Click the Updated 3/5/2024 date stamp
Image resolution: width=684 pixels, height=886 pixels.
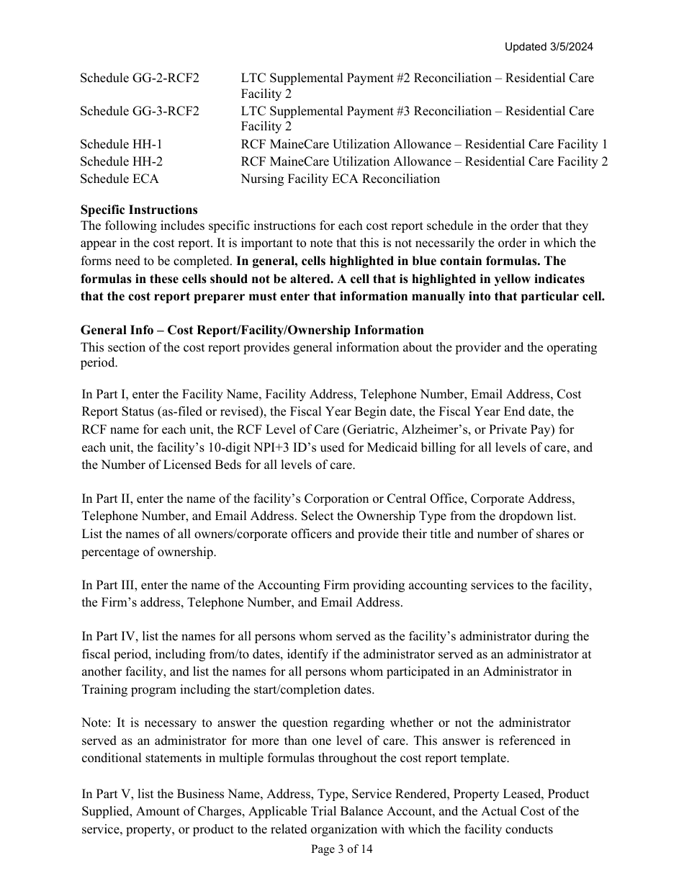click(549, 47)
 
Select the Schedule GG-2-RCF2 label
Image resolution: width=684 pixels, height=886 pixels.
click(140, 78)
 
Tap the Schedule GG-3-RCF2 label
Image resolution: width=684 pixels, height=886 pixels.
click(140, 111)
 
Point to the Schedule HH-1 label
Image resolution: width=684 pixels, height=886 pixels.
click(121, 145)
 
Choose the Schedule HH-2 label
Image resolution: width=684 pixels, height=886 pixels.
click(121, 161)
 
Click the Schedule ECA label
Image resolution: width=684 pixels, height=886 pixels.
click(120, 179)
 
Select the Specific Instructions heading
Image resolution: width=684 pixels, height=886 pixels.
click(139, 210)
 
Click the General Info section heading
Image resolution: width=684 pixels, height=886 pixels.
click(252, 330)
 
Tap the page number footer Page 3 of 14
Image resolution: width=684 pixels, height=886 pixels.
click(342, 849)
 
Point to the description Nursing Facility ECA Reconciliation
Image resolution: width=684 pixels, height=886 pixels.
click(340, 179)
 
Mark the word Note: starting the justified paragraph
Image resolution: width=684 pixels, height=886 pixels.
click(96, 722)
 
